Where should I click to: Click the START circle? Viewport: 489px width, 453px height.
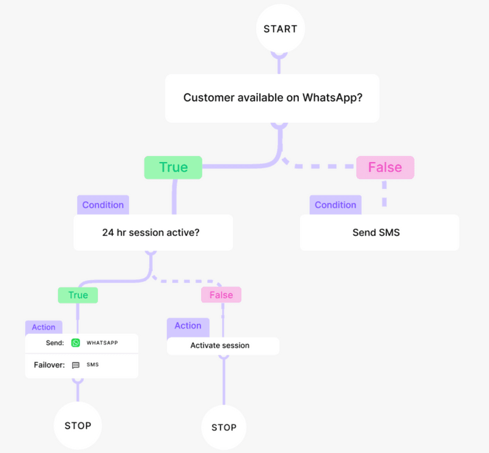[280, 29]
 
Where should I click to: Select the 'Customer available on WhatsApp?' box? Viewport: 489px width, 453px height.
[272, 98]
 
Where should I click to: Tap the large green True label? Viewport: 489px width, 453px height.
[173, 168]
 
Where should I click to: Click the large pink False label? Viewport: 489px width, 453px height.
[385, 168]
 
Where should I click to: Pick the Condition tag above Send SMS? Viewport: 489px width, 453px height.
[335, 205]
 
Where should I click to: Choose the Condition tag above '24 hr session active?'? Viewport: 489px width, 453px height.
[103, 205]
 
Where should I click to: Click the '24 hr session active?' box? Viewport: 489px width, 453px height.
[153, 232]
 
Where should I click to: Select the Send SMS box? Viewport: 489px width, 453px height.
[379, 232]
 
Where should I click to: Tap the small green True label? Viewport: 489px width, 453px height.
[78, 295]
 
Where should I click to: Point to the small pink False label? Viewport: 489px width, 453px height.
[221, 295]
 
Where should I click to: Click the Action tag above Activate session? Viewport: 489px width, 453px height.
[188, 326]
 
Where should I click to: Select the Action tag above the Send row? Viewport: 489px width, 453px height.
[43, 327]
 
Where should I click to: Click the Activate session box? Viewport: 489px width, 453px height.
[223, 345]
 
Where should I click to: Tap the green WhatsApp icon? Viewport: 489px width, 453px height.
[76, 343]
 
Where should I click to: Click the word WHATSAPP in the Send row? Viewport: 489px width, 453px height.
[102, 343]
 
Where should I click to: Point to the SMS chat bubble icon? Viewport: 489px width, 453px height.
[76, 365]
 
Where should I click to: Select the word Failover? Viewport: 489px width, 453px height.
[49, 365]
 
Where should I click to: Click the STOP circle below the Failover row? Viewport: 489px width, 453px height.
[78, 425]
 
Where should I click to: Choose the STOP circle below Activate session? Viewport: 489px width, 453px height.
[224, 427]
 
